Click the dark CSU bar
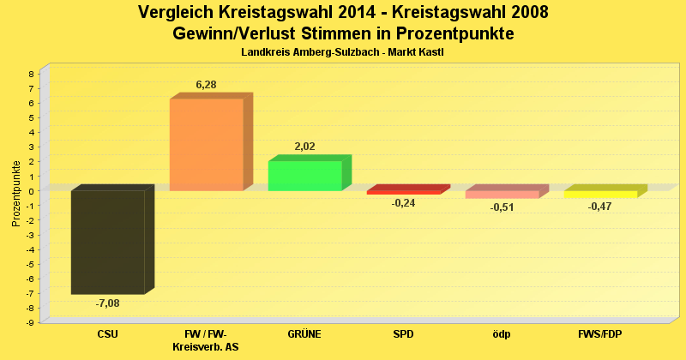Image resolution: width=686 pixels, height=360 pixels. (107, 242)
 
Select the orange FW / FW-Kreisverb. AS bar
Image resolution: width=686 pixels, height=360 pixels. (206, 144)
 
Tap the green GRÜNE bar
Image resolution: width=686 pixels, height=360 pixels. (304, 175)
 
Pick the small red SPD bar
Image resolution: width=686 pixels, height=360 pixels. (403, 192)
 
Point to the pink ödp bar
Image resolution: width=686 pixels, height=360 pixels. (502, 195)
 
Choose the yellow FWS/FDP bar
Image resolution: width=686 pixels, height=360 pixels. (600, 195)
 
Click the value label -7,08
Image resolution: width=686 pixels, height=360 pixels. (108, 303)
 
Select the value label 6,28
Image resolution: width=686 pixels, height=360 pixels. (207, 84)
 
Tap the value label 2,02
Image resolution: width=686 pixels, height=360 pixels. (305, 147)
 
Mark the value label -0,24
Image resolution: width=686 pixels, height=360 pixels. (403, 203)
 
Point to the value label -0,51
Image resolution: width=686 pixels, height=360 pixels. (502, 207)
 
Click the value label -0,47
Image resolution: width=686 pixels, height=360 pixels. (600, 207)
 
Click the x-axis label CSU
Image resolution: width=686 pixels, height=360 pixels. (108, 334)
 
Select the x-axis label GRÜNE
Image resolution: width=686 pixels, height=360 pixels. (304, 334)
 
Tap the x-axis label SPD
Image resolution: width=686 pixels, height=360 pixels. (403, 334)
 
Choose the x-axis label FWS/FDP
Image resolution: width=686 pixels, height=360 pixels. (600, 334)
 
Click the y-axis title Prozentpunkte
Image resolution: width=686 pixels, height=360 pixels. (16, 194)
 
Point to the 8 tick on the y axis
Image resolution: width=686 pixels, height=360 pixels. (31, 74)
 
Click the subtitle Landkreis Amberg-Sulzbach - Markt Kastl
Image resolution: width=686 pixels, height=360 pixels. (343, 52)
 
